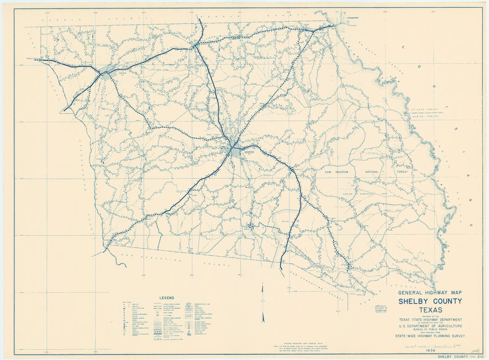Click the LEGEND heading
coord(166,298)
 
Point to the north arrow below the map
coord(263,303)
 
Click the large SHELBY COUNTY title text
coord(430,302)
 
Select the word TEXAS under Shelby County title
coord(430,311)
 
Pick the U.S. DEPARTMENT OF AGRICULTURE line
coord(430,326)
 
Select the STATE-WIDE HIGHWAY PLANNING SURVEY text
coord(430,338)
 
